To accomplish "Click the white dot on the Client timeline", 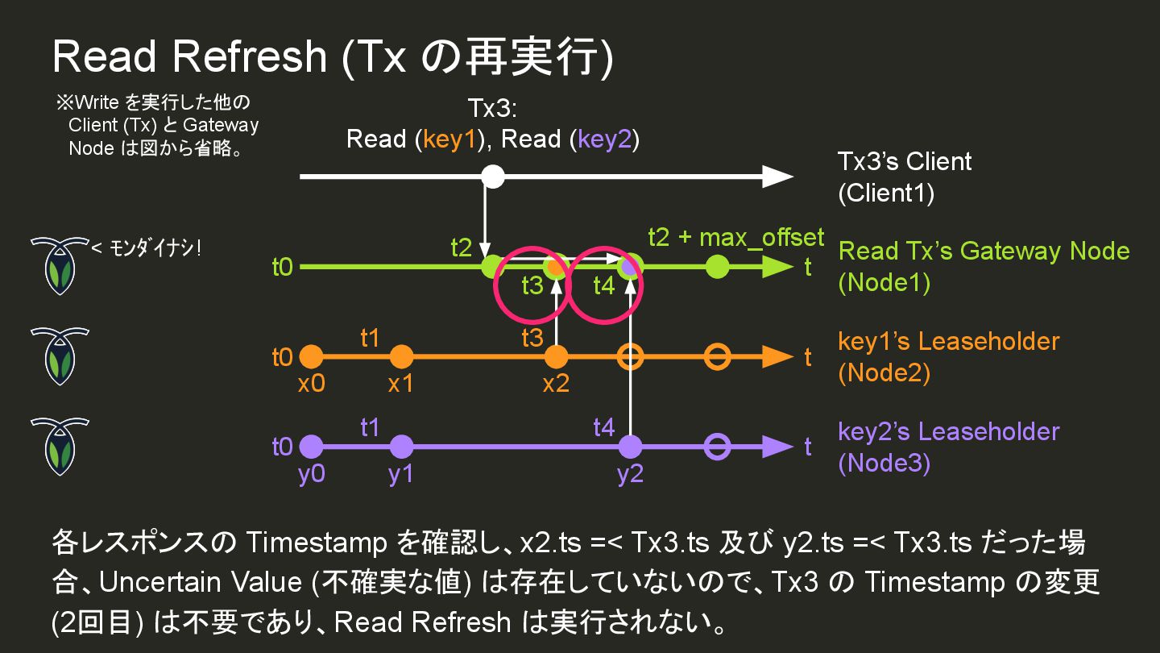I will tap(493, 176).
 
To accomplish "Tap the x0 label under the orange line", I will tap(311, 384).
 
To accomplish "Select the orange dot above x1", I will tap(400, 356).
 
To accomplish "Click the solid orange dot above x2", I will tap(556, 356).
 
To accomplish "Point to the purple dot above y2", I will tap(630, 446).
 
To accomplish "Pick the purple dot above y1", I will tap(400, 446).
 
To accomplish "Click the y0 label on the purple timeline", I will tap(311, 474).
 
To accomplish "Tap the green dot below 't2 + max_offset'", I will tap(717, 266).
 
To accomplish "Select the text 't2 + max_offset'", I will tap(735, 237).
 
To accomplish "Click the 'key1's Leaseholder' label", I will tap(948, 341).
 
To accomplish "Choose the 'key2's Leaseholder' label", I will tap(948, 431).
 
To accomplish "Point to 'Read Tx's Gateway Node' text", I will tap(984, 251).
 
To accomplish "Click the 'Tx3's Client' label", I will tap(905, 161).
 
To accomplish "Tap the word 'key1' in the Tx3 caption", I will tap(449, 139).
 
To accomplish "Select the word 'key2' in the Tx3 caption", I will tap(604, 139).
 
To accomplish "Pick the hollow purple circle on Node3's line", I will tap(717, 446).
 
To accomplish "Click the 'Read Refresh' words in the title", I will tap(189, 56).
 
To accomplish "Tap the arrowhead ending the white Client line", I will tap(777, 176).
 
